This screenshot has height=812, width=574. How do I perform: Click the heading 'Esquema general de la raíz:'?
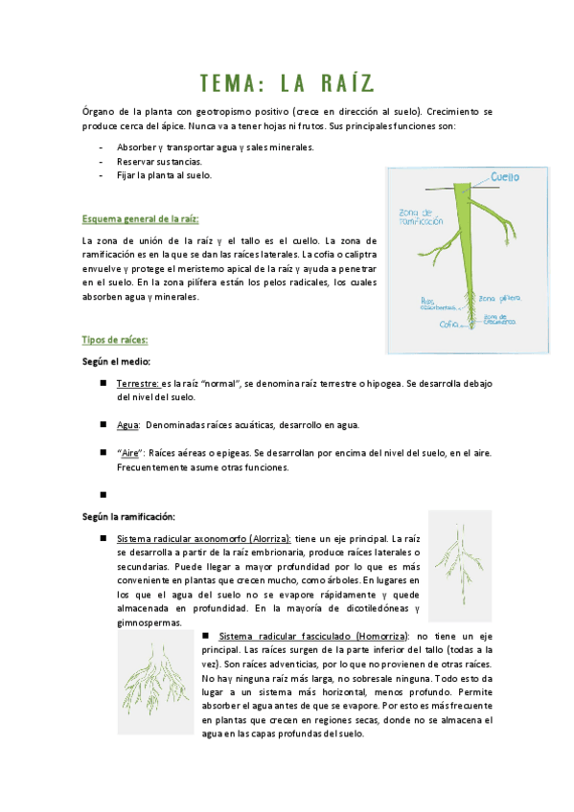141,219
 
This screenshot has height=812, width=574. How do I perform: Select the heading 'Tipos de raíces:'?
115,340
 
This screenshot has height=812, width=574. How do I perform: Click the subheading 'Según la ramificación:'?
127,517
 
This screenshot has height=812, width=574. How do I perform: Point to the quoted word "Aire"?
130,452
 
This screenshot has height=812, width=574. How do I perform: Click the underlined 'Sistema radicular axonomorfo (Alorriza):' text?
203,539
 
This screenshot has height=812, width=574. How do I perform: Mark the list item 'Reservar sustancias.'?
159,162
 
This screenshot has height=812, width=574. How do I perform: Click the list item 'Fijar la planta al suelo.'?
164,175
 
